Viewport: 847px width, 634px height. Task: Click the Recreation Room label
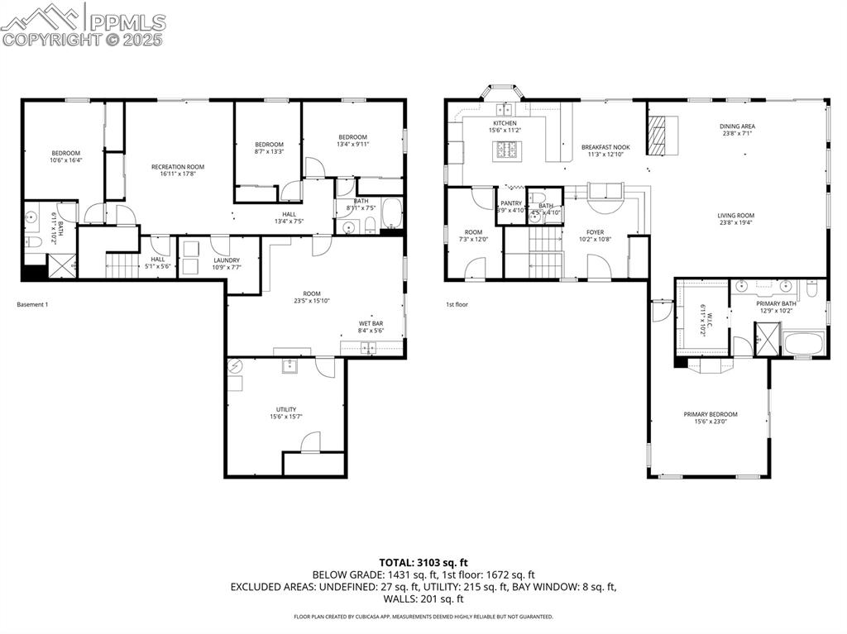(177, 167)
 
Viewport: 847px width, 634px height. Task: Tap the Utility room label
(286, 409)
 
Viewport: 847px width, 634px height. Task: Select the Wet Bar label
(370, 323)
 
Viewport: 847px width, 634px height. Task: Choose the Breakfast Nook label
(605, 147)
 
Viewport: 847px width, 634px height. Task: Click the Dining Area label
(737, 126)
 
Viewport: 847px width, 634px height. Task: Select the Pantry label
(510, 203)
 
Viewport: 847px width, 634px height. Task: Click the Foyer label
(596, 232)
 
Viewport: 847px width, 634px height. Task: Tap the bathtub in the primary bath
(803, 344)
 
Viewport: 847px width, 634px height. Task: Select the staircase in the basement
(122, 265)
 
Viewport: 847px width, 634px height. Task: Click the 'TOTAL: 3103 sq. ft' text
(423, 562)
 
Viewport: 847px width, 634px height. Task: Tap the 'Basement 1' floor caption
(32, 305)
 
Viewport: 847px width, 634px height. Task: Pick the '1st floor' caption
(457, 305)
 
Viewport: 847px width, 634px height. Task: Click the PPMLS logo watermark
(83, 24)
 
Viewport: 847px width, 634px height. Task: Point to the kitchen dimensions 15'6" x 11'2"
(505, 131)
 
